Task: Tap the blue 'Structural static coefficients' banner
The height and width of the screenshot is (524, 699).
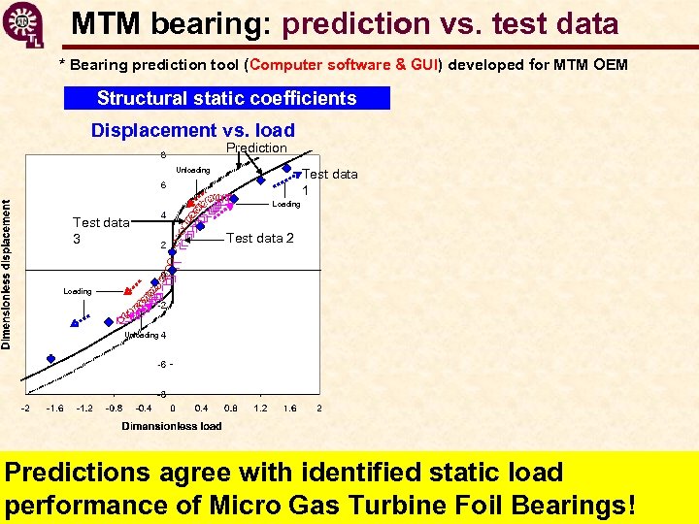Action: click(226, 98)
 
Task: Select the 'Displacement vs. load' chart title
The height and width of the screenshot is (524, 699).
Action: click(192, 130)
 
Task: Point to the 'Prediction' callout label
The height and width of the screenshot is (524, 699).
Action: click(256, 147)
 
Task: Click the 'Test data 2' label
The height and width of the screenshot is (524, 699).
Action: click(259, 238)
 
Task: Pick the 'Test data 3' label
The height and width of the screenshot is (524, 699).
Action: click(101, 230)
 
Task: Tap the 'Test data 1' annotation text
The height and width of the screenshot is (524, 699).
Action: click(329, 181)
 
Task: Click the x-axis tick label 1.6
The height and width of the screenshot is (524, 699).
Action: click(289, 409)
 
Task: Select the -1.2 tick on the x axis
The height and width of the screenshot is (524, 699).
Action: click(84, 409)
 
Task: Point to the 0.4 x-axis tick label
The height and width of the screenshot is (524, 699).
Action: click(202, 409)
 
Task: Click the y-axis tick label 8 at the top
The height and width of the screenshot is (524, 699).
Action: click(162, 155)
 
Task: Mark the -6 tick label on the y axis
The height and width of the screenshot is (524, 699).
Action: click(162, 364)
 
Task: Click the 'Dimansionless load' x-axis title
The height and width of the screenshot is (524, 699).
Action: click(172, 426)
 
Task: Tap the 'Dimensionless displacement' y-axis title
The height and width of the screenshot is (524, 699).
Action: click(8, 275)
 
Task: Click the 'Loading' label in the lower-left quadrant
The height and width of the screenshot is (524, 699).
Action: click(78, 291)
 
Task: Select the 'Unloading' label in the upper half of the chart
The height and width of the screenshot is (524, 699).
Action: click(193, 170)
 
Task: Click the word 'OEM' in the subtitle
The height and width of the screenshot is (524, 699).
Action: click(611, 65)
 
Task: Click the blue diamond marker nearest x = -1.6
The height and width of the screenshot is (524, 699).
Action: click(75, 325)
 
